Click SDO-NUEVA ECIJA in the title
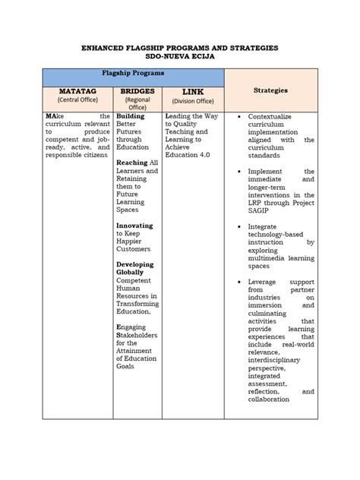pos(179,56)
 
